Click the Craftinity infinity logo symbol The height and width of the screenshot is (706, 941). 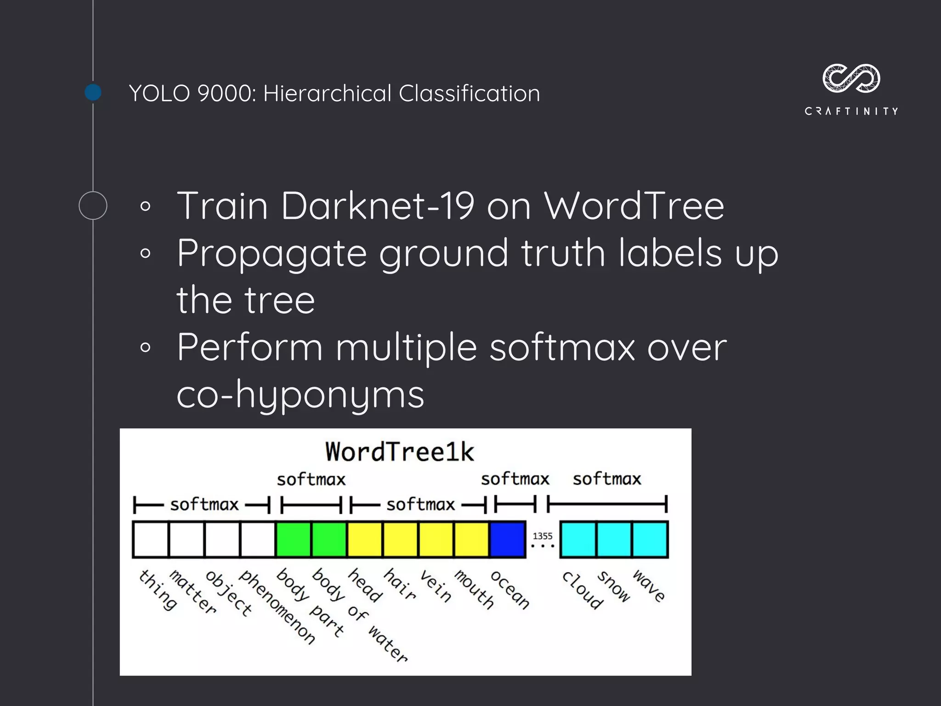[851, 78]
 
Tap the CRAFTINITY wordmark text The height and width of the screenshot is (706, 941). [851, 111]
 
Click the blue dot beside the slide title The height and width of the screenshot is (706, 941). [93, 92]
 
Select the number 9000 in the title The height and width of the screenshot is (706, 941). [225, 93]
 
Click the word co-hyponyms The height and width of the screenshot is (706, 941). [300, 395]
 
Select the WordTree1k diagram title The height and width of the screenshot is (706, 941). [399, 451]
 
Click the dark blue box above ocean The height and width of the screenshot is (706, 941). [508, 539]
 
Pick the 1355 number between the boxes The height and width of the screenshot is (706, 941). [543, 536]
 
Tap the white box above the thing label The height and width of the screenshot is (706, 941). [151, 539]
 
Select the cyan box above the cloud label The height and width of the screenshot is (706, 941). [578, 539]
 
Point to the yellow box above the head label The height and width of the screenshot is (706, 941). [365, 539]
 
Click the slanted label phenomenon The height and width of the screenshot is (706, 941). [278, 607]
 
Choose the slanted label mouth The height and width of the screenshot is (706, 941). [474, 589]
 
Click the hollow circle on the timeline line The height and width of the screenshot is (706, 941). [93, 205]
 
